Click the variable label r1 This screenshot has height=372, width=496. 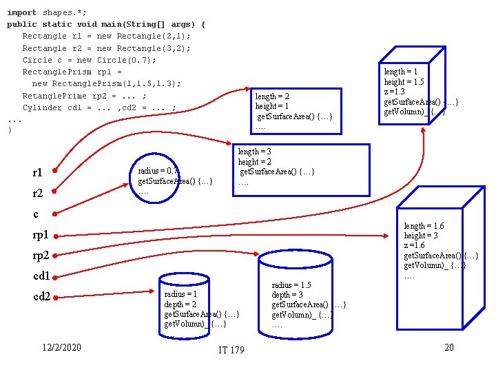(x=38, y=172)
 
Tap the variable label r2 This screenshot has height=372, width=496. (x=38, y=194)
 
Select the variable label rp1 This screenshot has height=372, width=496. (x=41, y=235)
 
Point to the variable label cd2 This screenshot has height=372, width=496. (x=41, y=297)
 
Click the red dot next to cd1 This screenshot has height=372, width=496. (x=54, y=276)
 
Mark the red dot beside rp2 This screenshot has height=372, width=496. (x=54, y=256)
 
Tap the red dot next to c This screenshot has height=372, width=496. (x=54, y=214)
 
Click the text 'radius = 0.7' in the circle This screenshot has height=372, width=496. (x=158, y=171)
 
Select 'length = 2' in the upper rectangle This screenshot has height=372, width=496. (x=272, y=96)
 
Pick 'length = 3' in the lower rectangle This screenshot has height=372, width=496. (x=254, y=152)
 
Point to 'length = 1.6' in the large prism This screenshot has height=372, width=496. (x=424, y=226)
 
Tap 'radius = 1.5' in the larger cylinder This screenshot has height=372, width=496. (x=291, y=285)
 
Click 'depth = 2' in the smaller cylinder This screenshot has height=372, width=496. (x=180, y=304)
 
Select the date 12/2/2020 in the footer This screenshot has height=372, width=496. (x=61, y=347)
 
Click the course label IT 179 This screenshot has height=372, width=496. (x=231, y=351)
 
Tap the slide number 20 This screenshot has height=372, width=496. (x=448, y=347)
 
